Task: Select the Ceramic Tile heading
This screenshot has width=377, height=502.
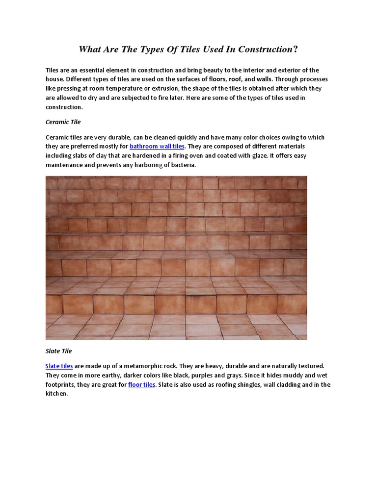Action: click(x=63, y=121)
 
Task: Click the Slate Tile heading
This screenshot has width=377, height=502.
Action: click(x=58, y=351)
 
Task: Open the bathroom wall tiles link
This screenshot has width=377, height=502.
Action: click(x=157, y=146)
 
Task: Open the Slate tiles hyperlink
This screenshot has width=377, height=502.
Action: click(x=59, y=366)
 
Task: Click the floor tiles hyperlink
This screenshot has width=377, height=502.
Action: click(x=142, y=385)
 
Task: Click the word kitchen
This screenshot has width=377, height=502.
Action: click(x=55, y=394)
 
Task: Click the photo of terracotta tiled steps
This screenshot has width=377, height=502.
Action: click(x=176, y=258)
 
